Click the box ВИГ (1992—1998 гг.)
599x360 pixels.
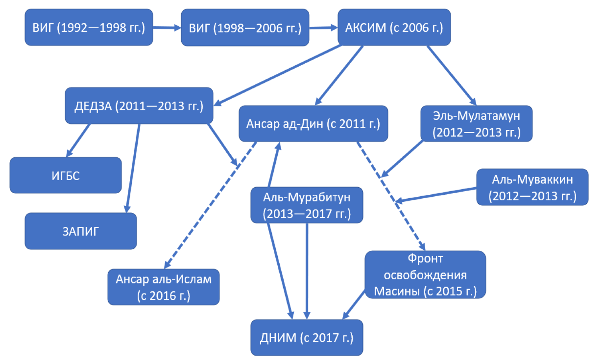pos(89,27)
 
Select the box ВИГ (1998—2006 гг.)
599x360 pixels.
pos(245,28)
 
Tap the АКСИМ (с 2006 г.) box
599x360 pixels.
pos(394,27)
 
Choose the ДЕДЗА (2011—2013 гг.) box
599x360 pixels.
pos(139,106)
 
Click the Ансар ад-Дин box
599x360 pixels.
pos(313,124)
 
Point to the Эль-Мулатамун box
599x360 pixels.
pos(476,124)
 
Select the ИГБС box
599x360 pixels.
pos(66,175)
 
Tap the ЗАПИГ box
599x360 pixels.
pos(80,231)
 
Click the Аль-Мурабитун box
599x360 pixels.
pos(306,205)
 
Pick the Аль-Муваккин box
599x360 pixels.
pos(532,187)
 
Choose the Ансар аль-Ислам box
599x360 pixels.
pos(163,287)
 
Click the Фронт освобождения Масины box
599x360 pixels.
pos(425,275)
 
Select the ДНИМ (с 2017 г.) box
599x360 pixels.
pos(306,338)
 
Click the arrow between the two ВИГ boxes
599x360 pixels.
pos(167,27)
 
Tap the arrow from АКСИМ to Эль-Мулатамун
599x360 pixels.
pos(451,75)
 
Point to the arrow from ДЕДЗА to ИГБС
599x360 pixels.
pos(78,141)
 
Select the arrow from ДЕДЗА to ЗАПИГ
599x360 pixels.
pos(133,169)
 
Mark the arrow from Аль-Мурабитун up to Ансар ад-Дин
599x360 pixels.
pos(274,165)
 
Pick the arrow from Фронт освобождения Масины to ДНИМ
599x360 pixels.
pos(354,305)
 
